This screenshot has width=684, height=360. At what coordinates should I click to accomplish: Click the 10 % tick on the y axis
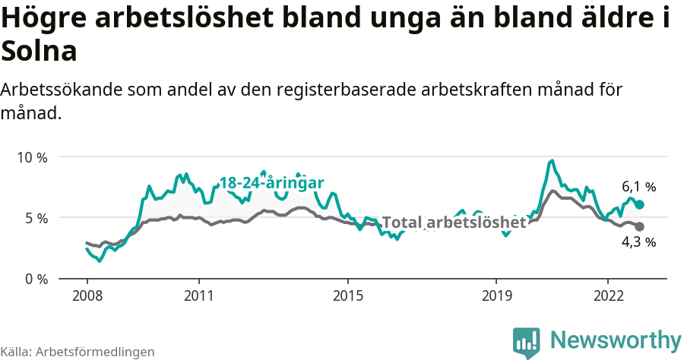[32, 157]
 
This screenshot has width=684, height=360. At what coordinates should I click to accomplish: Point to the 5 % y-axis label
[35, 218]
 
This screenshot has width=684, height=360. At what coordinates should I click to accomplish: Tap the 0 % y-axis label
[35, 279]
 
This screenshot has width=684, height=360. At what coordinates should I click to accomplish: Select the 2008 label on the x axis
[87, 295]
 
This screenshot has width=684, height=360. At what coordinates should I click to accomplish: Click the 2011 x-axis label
[198, 295]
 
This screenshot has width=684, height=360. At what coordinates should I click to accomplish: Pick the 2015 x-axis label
[347, 295]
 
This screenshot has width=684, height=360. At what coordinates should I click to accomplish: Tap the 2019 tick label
[496, 295]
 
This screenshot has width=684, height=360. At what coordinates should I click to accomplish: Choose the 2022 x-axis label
[608, 295]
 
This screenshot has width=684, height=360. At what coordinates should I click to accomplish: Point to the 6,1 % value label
[638, 187]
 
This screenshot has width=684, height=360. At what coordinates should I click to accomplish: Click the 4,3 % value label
[638, 242]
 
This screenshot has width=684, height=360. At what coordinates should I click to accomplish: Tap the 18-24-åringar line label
[271, 183]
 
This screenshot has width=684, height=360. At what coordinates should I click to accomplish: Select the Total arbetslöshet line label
[454, 223]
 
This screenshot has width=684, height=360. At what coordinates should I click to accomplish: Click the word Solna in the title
[40, 52]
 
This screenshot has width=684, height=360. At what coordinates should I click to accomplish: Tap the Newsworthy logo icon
[527, 342]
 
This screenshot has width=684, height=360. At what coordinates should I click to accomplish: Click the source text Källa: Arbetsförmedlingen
[78, 352]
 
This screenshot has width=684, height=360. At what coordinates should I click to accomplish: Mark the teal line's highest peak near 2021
[553, 160]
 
